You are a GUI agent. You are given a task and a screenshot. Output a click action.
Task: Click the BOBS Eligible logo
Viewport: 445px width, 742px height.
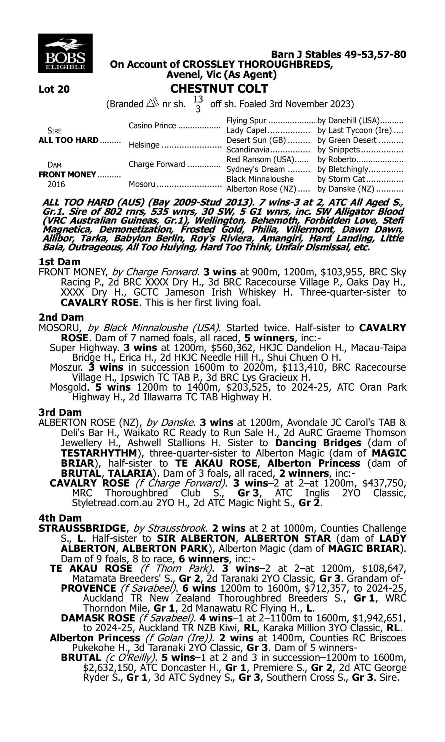(65, 53)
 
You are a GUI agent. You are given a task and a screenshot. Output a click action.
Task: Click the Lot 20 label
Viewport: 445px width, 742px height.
(54, 89)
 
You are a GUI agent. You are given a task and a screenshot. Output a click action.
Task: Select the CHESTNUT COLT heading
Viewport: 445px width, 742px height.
(219, 89)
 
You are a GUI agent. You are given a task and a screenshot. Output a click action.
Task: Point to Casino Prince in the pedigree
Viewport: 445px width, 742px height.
(152, 125)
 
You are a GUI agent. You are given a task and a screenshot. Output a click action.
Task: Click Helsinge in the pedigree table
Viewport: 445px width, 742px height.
(144, 145)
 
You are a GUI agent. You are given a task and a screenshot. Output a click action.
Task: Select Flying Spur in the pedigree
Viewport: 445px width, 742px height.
(246, 121)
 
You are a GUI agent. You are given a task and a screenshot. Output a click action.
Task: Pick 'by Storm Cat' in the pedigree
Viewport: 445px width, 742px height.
(341, 179)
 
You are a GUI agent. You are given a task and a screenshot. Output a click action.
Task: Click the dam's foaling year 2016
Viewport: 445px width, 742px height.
(56, 184)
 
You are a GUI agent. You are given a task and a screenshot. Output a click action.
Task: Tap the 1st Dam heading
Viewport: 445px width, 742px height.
(59, 262)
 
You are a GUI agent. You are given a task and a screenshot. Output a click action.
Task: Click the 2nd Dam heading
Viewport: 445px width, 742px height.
(61, 317)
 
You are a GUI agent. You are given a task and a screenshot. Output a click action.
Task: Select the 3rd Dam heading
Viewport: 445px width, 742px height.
(60, 412)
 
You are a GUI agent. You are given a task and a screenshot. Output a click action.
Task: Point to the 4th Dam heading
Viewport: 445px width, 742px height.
(60, 518)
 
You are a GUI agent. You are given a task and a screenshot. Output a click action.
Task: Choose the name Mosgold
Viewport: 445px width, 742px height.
(69, 387)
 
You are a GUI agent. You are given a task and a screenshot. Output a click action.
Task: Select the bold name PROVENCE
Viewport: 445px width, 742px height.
(88, 588)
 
